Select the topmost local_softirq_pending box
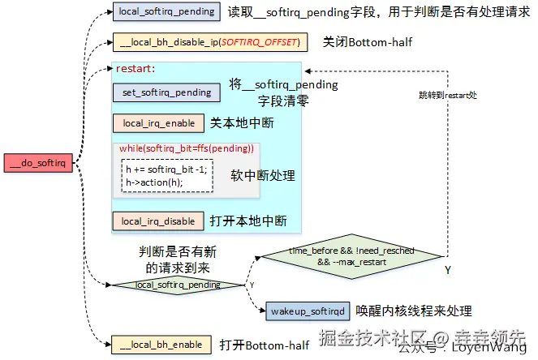click(x=166, y=12)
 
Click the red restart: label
click(x=136, y=69)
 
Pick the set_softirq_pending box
click(x=166, y=92)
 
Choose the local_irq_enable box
click(x=158, y=123)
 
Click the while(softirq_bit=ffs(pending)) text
click(x=187, y=149)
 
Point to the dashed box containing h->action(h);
click(x=167, y=175)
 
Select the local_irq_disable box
click(x=158, y=221)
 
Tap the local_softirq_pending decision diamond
click(x=177, y=285)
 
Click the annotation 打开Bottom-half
click(x=265, y=345)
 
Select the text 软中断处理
click(x=263, y=175)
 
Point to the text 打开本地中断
click(x=250, y=221)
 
